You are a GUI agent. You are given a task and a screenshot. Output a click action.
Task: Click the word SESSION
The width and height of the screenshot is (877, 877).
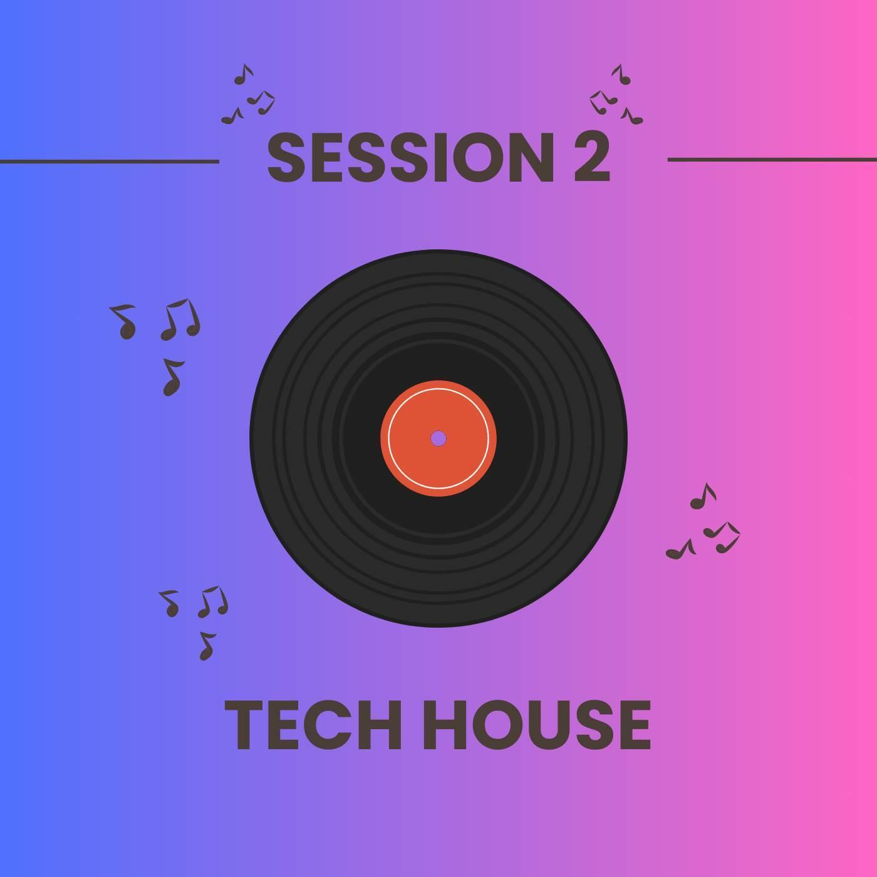click(x=410, y=157)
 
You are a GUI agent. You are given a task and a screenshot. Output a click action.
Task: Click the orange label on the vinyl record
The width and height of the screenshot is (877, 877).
click(x=438, y=438)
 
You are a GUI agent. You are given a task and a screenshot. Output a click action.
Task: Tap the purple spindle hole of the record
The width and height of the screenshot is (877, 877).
click(x=438, y=438)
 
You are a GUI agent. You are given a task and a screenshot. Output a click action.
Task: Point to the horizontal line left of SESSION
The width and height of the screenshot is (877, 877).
click(x=109, y=161)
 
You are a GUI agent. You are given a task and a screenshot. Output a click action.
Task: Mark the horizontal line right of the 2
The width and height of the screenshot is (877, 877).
click(x=772, y=159)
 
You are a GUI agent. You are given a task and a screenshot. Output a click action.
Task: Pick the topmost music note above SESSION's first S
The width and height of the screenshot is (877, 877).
click(x=244, y=75)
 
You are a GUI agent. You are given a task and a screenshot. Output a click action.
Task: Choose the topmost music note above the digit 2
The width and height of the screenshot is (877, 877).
click(x=622, y=75)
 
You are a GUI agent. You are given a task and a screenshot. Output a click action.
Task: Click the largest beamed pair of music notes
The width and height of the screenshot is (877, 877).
click(x=181, y=319)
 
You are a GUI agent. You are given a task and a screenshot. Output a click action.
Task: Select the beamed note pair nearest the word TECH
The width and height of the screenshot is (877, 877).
click(x=213, y=601)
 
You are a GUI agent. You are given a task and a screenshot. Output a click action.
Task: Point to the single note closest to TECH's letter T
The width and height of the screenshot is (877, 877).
click(x=207, y=646)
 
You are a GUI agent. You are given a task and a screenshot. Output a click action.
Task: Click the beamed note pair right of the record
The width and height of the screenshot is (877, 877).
click(x=722, y=537)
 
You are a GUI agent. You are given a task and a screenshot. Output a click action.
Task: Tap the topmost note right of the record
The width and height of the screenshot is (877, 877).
click(x=703, y=496)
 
